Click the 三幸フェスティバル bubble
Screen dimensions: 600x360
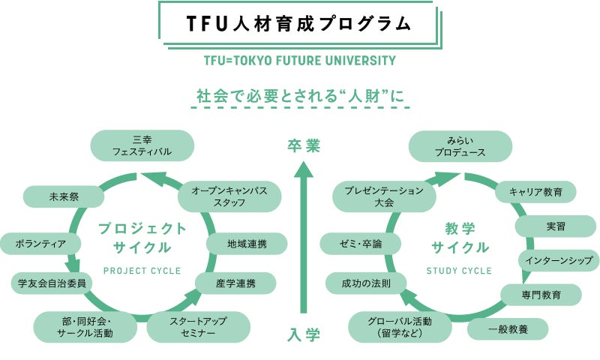[142, 145]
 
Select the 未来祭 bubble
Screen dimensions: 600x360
[64, 196]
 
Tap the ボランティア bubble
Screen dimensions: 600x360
[40, 244]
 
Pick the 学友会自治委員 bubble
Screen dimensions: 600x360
[52, 283]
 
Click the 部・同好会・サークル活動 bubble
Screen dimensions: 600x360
[85, 328]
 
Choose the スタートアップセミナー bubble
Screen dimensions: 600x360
[198, 328]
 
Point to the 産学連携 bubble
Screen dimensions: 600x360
[235, 283]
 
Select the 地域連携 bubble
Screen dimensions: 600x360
[247, 244]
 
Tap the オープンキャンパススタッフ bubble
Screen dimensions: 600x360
[229, 196]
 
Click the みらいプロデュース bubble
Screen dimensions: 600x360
[460, 146]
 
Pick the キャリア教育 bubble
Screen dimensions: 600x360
[535, 192]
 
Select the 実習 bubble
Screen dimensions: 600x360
[556, 226]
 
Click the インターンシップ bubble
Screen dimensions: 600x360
[559, 260]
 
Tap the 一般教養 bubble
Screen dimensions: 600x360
[508, 329]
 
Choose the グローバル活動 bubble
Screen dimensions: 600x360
[400, 328]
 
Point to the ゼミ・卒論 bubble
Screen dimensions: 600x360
[361, 244]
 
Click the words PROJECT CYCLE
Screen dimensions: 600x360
[142, 271]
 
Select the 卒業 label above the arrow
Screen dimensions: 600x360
[304, 145]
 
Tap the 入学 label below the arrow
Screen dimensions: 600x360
[304, 335]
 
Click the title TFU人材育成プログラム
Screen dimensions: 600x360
[298, 24]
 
